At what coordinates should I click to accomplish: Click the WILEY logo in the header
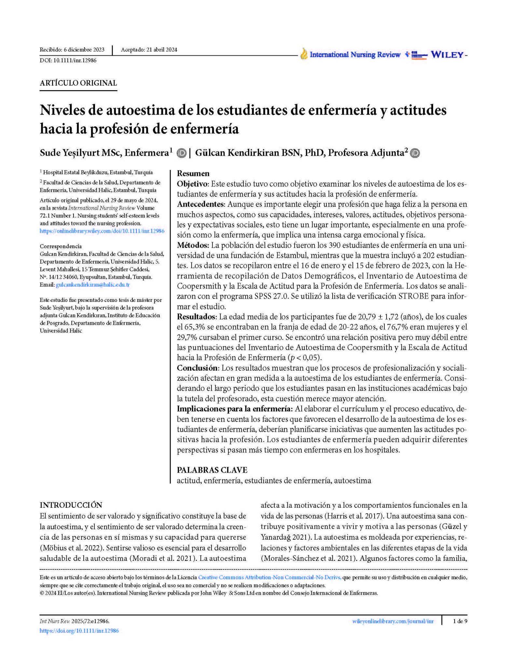447,55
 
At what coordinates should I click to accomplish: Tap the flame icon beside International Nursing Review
304,54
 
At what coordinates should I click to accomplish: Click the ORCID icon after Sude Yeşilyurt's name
181,153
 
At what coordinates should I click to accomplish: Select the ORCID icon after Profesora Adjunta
415,153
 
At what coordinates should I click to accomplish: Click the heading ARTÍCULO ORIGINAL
78,83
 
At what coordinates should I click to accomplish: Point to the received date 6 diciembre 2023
84,50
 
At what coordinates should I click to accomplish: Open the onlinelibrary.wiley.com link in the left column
102,231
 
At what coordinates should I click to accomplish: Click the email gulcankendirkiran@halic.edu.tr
93,285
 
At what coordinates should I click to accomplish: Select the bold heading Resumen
193,173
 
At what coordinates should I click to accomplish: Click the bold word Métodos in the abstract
193,245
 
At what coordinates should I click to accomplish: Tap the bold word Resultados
196,317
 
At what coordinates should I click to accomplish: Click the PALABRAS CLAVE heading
212,470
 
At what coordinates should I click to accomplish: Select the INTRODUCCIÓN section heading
71,505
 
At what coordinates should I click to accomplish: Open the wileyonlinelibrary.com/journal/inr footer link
393,621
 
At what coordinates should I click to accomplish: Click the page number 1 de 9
460,621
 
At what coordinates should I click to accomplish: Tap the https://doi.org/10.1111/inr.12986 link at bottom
79,631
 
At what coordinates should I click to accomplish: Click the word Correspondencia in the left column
61,246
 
